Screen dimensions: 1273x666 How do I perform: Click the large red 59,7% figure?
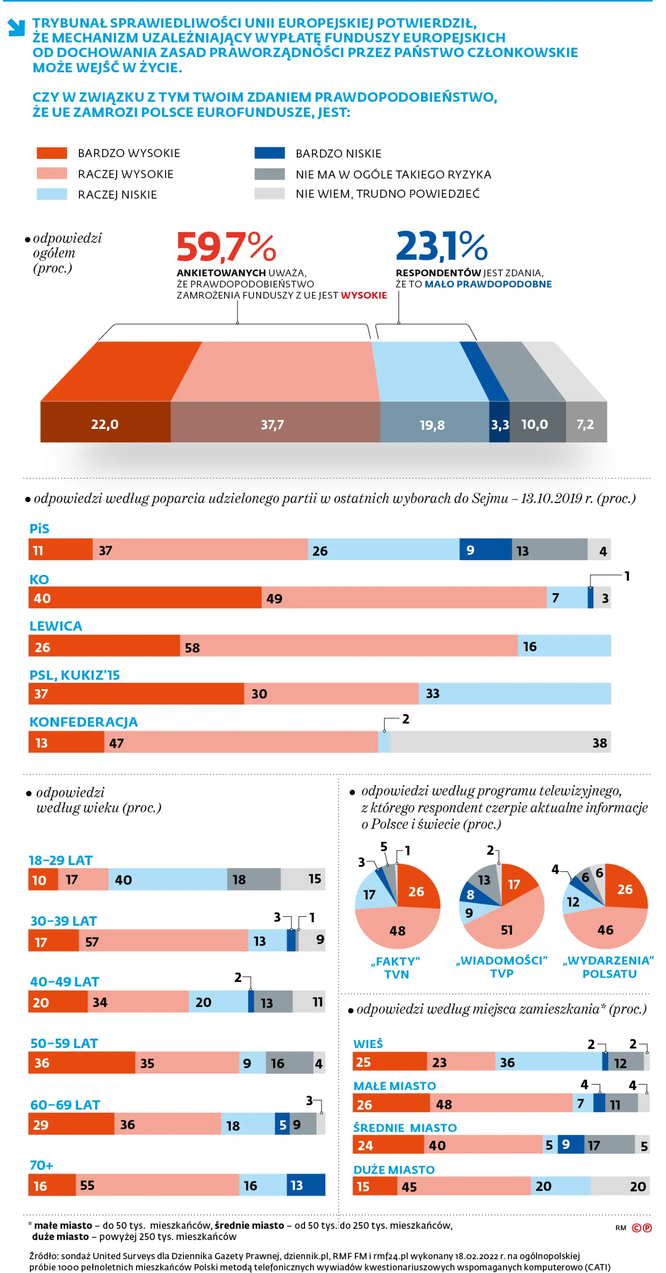(x=226, y=247)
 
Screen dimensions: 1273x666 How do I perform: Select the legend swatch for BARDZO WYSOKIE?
(x=51, y=153)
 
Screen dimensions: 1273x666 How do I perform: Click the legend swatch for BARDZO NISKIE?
(x=269, y=153)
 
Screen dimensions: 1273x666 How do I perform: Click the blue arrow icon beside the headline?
(x=16, y=28)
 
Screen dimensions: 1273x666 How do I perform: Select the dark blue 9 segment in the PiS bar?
(x=485, y=550)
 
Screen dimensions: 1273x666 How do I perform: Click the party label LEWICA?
(x=55, y=626)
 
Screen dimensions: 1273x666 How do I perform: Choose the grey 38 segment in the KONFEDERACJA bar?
(x=499, y=742)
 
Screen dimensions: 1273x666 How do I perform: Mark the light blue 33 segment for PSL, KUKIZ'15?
(x=514, y=693)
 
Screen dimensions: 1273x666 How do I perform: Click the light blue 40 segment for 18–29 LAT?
(x=167, y=879)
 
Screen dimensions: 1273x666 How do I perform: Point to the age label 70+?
(x=41, y=1165)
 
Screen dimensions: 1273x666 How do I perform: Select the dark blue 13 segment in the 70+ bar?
(x=305, y=1185)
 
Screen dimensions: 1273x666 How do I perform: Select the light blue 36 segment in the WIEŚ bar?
(x=548, y=1061)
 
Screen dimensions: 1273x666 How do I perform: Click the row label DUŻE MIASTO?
(x=393, y=1170)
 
